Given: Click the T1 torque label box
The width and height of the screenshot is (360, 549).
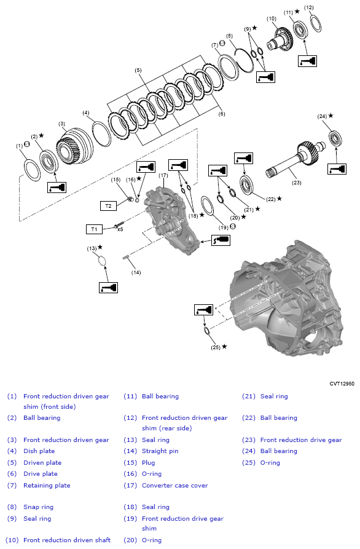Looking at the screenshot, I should click(94, 229).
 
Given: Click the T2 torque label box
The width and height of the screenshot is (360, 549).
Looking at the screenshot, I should click(108, 205).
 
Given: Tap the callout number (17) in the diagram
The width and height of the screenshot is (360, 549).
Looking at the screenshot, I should click(163, 176).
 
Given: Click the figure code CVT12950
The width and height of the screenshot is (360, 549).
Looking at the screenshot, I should click(342, 384).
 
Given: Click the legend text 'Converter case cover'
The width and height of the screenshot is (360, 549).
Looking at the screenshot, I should click(174, 485).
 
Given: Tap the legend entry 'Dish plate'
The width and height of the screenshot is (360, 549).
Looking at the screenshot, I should click(39, 451).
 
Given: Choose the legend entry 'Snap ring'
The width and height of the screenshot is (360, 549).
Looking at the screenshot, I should click(38, 507).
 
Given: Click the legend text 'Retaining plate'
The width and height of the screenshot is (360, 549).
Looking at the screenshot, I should click(47, 485).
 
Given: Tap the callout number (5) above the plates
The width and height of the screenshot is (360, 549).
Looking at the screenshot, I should click(139, 71).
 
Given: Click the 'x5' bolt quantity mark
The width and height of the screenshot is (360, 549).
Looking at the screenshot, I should click(120, 229).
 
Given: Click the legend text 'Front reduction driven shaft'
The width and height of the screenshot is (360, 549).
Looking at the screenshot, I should click(66, 540).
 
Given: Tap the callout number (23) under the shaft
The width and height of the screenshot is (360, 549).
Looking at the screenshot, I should click(297, 181).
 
